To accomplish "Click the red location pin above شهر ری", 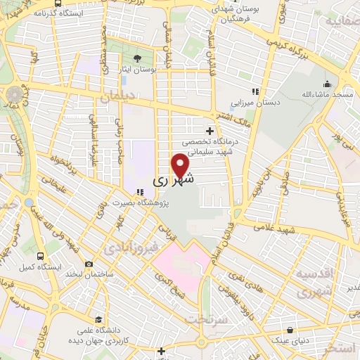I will (181, 165).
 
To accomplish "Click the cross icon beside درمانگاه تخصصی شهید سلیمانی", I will (210, 131).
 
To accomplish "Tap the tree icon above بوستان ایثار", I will (138, 58).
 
